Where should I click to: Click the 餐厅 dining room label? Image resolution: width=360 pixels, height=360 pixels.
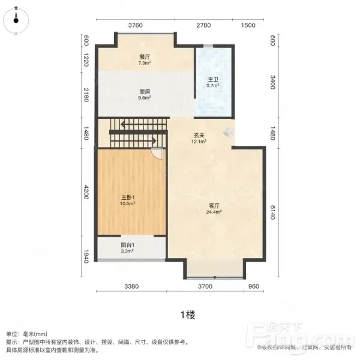coord(145,57)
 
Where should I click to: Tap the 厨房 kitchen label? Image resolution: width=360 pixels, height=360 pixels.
coord(145,92)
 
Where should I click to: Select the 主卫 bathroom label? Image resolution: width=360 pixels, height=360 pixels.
coord(213,80)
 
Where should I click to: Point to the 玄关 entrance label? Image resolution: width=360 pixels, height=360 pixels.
coord(199,136)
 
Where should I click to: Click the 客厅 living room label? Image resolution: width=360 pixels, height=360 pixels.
coord(214,206)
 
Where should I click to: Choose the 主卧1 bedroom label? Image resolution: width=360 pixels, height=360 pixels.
coord(128,197)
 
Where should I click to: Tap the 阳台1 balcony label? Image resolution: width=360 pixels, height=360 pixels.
coord(127,245)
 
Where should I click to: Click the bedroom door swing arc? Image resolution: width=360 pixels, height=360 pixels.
coord(156,155)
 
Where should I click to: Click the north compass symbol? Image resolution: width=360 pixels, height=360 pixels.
coord(16,20)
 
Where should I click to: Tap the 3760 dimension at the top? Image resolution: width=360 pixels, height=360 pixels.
coord(135,25)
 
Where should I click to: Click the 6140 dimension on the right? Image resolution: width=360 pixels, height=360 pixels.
coord(272,212)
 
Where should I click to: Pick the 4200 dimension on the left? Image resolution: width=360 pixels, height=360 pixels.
coord(86,192)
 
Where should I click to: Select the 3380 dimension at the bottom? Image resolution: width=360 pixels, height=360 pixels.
coord(131,286)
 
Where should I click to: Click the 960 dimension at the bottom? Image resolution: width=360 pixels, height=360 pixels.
coord(253,286)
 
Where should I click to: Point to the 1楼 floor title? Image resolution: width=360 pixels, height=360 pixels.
coord(188,315)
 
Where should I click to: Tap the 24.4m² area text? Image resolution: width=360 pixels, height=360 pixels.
coord(214,212)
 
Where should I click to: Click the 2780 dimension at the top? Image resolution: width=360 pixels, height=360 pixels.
coord(203,25)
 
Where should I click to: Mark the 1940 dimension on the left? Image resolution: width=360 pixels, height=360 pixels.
coord(86,256)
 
